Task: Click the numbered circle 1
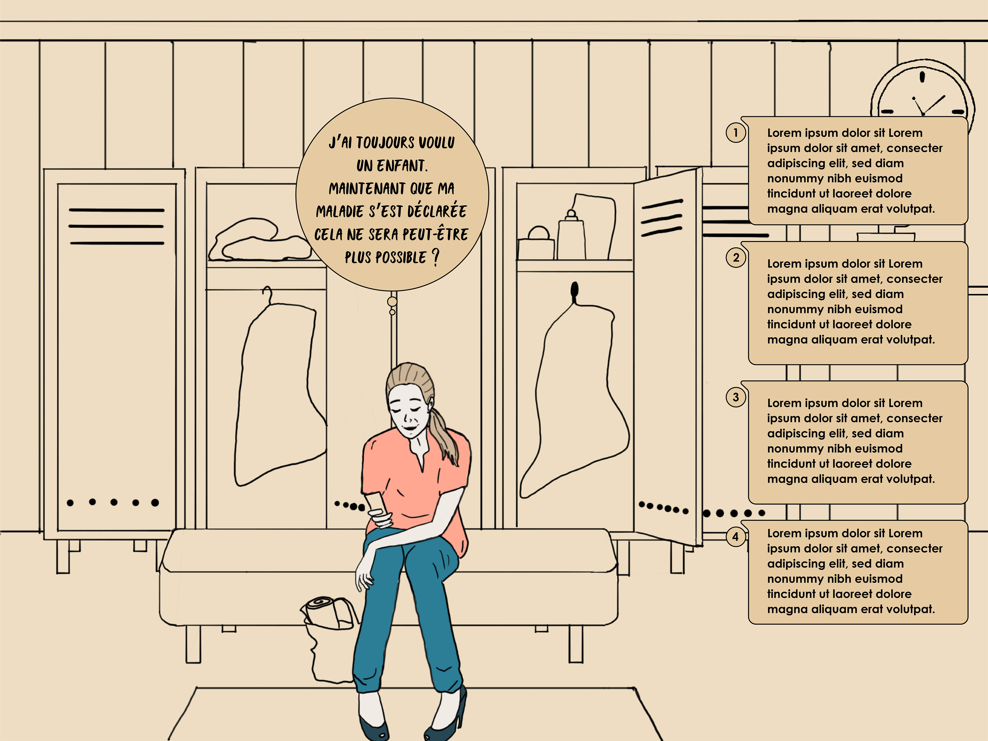pos(736,133)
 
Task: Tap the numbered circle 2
pos(736,258)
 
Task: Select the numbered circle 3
pos(736,397)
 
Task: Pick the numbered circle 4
pos(736,536)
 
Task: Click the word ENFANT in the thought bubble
pos(402,166)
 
